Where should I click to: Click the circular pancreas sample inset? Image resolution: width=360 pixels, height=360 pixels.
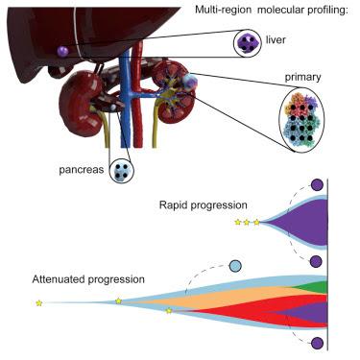tap(121, 172)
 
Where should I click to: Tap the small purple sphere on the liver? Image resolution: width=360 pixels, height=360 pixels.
tap(62, 50)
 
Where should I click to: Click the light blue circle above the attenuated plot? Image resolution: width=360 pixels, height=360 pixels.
tap(235, 265)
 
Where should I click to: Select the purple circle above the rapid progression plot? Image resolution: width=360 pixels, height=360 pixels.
tap(316, 184)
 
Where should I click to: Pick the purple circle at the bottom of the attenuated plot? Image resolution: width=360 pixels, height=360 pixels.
tap(317, 343)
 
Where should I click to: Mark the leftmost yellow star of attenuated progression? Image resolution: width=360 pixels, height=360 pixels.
tap(39, 303)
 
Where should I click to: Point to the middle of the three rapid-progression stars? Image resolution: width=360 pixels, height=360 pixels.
tap(247, 222)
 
